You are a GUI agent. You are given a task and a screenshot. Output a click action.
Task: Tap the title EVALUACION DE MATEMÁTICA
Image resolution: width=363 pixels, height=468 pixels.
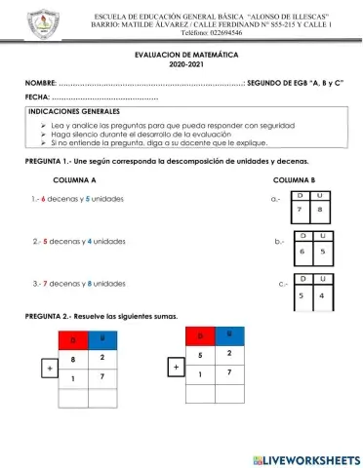click(x=181, y=59)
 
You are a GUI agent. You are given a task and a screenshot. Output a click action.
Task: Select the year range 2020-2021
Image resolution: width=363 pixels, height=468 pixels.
click(x=181, y=70)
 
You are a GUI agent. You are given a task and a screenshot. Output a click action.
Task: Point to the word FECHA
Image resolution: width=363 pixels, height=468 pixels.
click(x=37, y=100)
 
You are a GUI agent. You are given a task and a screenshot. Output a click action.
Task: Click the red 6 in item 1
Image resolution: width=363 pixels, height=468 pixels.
click(x=45, y=199)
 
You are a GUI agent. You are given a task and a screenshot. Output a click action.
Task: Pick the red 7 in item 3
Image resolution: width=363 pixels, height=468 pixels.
click(x=45, y=284)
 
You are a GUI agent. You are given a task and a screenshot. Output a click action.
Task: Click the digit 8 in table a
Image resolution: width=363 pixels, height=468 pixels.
click(x=319, y=209)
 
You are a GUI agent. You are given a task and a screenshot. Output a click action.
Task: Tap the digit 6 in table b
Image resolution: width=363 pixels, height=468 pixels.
click(x=302, y=251)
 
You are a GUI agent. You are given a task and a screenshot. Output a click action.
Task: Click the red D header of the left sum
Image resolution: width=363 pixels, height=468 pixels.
click(x=73, y=340)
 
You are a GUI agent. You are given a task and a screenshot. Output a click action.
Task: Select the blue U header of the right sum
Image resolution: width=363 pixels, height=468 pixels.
click(x=229, y=333)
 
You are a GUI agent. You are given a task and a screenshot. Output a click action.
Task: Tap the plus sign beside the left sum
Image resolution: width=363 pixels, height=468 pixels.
click(x=47, y=369)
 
